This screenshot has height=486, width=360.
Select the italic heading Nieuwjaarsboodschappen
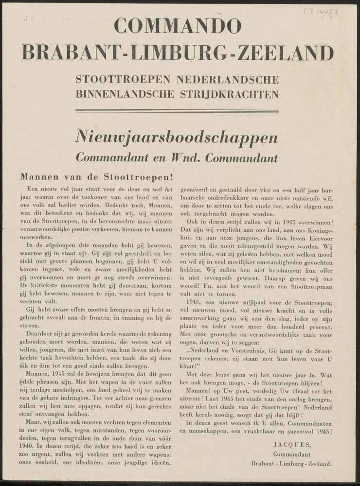(177, 138)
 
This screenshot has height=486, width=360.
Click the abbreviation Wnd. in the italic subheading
(182, 158)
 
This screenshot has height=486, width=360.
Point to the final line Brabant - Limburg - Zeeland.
(292, 464)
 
